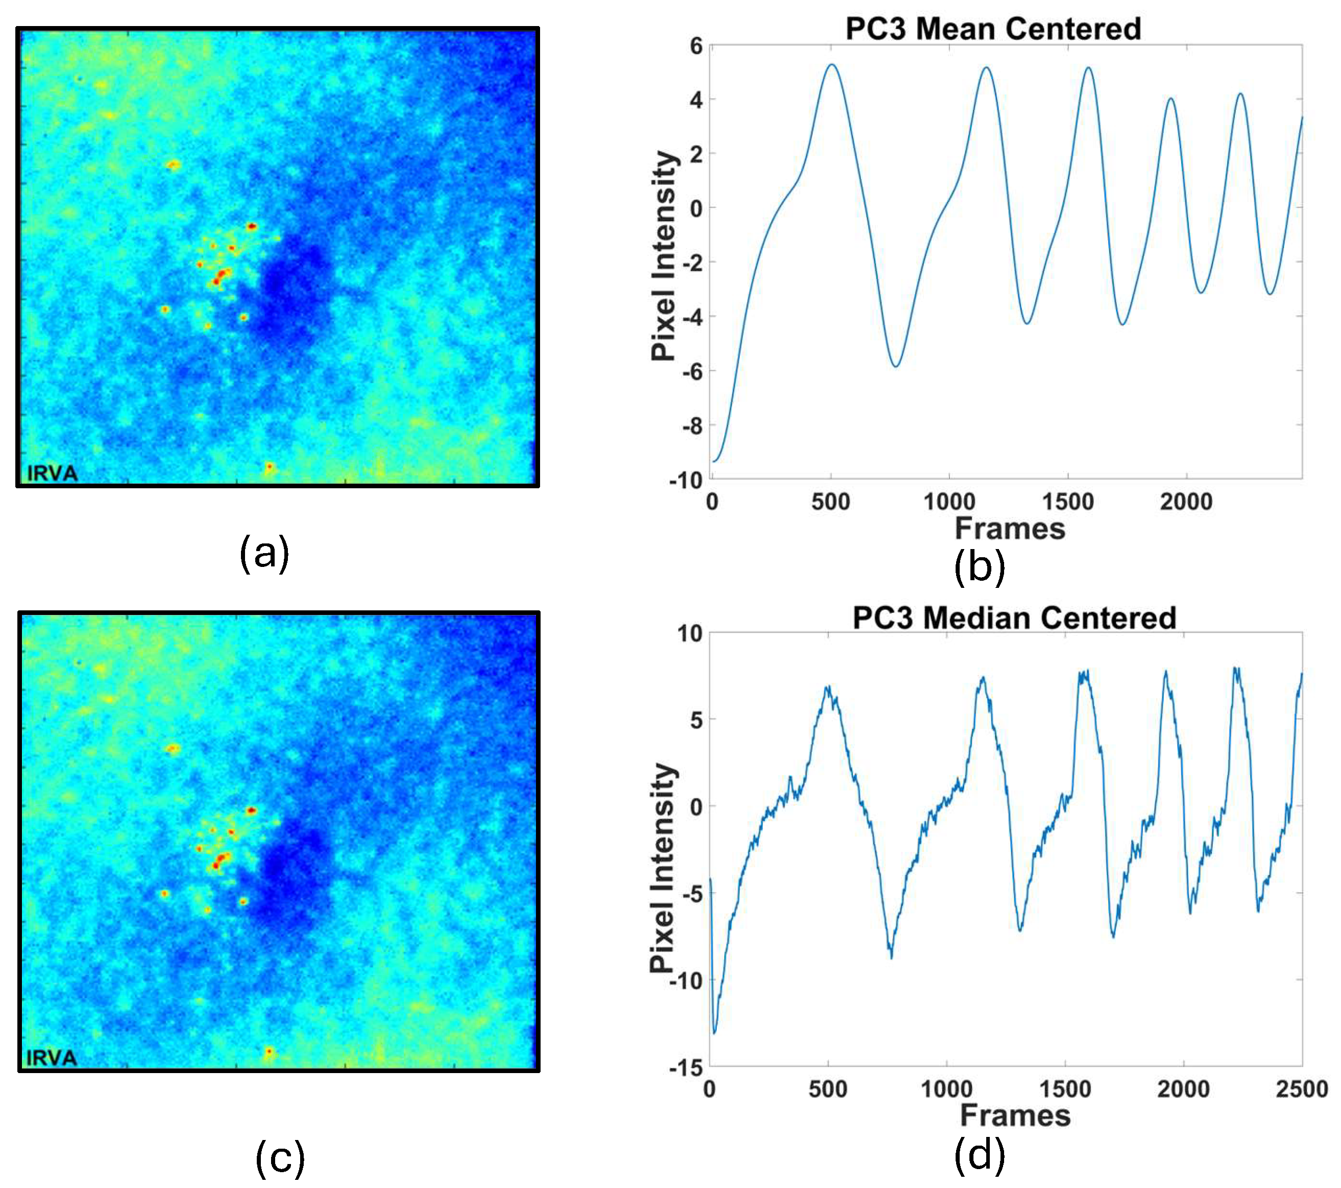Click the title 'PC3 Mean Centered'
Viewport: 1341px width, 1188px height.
coord(993,29)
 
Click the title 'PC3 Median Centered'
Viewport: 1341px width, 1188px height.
coord(1014,619)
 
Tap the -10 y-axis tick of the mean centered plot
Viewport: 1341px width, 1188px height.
coord(686,481)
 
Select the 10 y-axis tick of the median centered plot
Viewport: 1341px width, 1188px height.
coord(690,634)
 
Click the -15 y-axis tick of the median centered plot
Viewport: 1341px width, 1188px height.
coord(686,1068)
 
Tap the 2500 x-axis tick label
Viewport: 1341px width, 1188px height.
coord(1302,1089)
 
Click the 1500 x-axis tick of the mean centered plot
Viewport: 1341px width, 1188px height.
coord(1067,502)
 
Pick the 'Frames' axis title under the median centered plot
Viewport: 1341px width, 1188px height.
coord(1015,1116)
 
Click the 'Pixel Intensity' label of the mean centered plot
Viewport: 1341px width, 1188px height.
coord(663,256)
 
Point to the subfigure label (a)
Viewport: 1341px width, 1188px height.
coord(264,553)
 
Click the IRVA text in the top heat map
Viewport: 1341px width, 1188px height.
coord(52,473)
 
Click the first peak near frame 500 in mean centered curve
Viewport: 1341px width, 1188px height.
coord(832,64)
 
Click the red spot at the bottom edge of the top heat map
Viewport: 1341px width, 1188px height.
coord(269,467)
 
